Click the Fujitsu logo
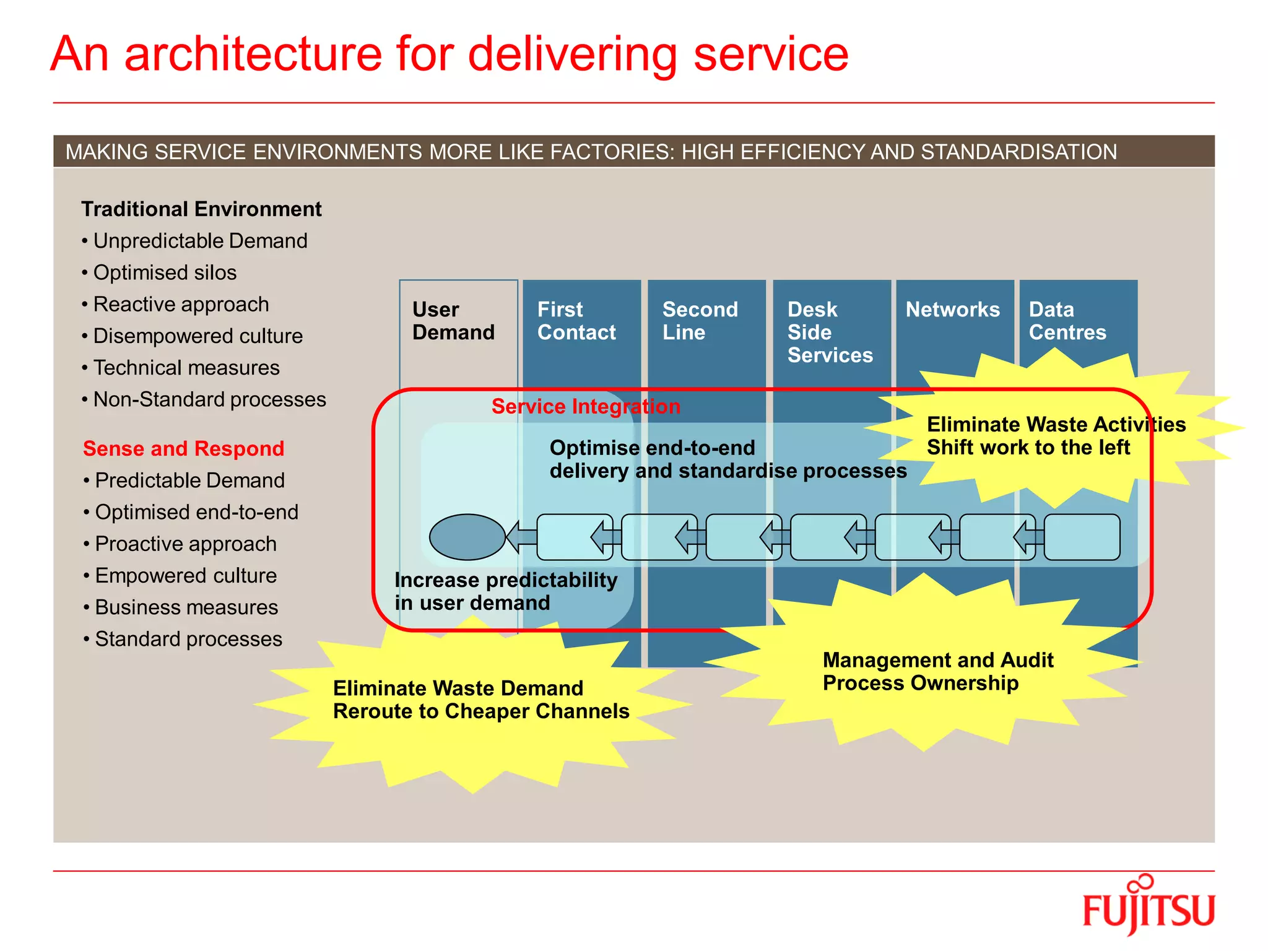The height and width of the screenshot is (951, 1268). pyautogui.click(x=1149, y=907)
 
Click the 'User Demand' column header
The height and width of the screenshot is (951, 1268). pyautogui.click(x=453, y=321)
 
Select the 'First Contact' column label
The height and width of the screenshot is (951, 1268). pyautogui.click(x=576, y=321)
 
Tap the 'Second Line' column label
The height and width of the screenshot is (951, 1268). pyautogui.click(x=700, y=321)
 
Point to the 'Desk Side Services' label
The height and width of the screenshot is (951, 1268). pyautogui.click(x=830, y=332)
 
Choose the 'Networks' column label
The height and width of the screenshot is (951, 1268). pyautogui.click(x=952, y=310)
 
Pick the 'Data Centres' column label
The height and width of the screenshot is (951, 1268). pyautogui.click(x=1067, y=321)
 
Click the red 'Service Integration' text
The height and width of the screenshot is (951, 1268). pyautogui.click(x=586, y=407)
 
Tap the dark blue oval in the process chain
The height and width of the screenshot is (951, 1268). pyautogui.click(x=467, y=537)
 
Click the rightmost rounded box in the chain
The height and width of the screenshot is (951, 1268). pyautogui.click(x=1082, y=537)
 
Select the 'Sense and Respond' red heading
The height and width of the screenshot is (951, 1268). pyautogui.click(x=183, y=448)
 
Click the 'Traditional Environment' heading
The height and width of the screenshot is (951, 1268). pyautogui.click(x=201, y=209)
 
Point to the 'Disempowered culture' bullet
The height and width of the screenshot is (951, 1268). pyautogui.click(x=198, y=336)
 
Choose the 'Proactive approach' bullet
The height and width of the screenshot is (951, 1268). pyautogui.click(x=186, y=544)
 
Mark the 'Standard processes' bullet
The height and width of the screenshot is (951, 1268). pyautogui.click(x=188, y=639)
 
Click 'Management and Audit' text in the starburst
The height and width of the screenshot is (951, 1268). pyautogui.click(x=937, y=660)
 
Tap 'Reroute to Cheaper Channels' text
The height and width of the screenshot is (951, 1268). pyautogui.click(x=481, y=711)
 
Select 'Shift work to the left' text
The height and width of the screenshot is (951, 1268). pyautogui.click(x=1028, y=448)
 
